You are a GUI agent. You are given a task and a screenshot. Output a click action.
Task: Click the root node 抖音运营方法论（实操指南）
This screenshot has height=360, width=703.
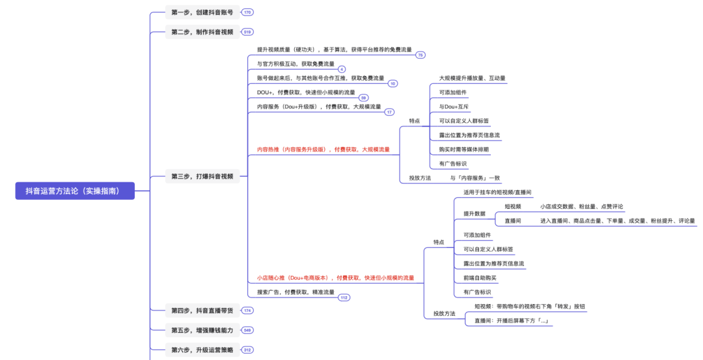[75, 191]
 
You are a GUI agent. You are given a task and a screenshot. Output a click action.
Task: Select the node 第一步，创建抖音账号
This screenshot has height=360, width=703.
[202, 12]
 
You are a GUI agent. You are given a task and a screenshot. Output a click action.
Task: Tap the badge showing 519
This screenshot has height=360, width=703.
[247, 32]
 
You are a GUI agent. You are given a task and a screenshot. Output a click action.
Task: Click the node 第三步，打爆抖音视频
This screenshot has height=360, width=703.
[202, 176]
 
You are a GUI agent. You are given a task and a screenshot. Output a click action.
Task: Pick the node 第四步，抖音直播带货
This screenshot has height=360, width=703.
[202, 311]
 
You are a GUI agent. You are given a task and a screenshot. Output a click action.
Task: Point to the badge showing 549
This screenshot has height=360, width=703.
[247, 330]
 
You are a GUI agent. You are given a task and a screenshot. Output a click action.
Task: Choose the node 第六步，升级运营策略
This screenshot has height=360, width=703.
[202, 350]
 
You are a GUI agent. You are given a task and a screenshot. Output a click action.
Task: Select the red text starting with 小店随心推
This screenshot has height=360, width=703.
[335, 278]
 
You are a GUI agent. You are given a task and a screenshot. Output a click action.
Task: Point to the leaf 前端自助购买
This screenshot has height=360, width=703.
[480, 278]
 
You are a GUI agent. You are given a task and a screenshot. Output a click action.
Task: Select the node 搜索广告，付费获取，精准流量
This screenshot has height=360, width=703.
[296, 292]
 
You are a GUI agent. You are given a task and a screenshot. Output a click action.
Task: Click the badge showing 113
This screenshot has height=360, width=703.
[344, 298]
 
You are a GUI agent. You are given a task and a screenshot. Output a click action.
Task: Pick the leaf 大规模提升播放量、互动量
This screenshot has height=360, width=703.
[472, 78]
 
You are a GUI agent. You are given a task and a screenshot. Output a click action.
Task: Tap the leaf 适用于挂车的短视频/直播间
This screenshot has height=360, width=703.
[497, 193]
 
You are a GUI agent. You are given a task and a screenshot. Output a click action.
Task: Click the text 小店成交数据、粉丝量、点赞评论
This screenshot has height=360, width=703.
[581, 207]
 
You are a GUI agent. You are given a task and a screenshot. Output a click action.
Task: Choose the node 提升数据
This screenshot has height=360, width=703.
[475, 214]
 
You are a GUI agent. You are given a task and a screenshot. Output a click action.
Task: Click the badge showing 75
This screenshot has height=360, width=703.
[420, 55]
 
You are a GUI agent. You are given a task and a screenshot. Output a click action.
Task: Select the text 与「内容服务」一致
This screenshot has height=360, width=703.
[475, 178]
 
